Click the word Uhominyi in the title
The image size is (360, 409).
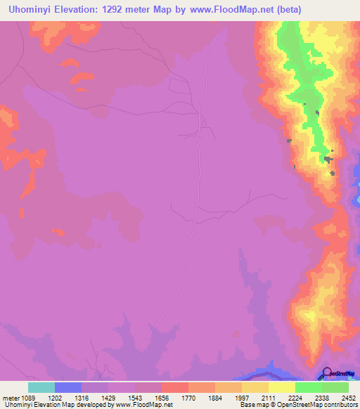pyautogui.click(x=31, y=10)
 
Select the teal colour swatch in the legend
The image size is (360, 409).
pyautogui.click(x=41, y=387)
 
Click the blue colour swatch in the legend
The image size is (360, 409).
pyautogui.click(x=67, y=387)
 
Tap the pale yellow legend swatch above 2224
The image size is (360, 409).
pyautogui.click(x=281, y=387)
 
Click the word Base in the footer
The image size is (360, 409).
pyautogui.click(x=247, y=405)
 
